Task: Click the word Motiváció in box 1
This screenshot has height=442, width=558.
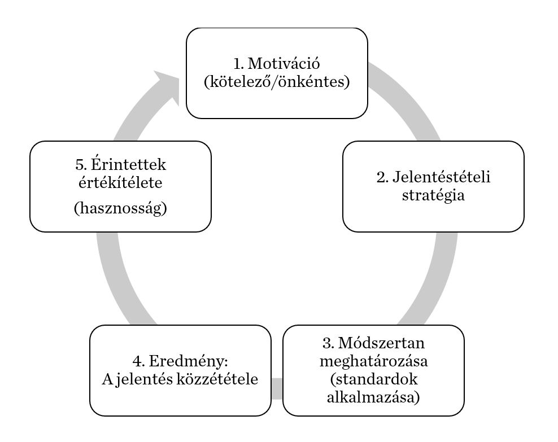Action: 288,64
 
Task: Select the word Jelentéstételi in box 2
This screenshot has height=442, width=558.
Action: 441,177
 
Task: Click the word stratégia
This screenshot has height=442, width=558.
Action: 433,196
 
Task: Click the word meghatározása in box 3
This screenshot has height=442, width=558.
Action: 374,361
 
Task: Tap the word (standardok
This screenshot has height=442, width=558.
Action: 374,379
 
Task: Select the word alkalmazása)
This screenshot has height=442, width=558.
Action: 374,397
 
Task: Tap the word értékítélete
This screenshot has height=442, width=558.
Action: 121,183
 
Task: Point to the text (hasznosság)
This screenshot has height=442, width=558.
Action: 121,208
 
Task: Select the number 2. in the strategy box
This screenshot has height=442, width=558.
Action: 382,177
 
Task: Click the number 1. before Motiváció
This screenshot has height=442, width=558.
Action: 238,64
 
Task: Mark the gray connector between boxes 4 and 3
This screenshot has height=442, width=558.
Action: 276,388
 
